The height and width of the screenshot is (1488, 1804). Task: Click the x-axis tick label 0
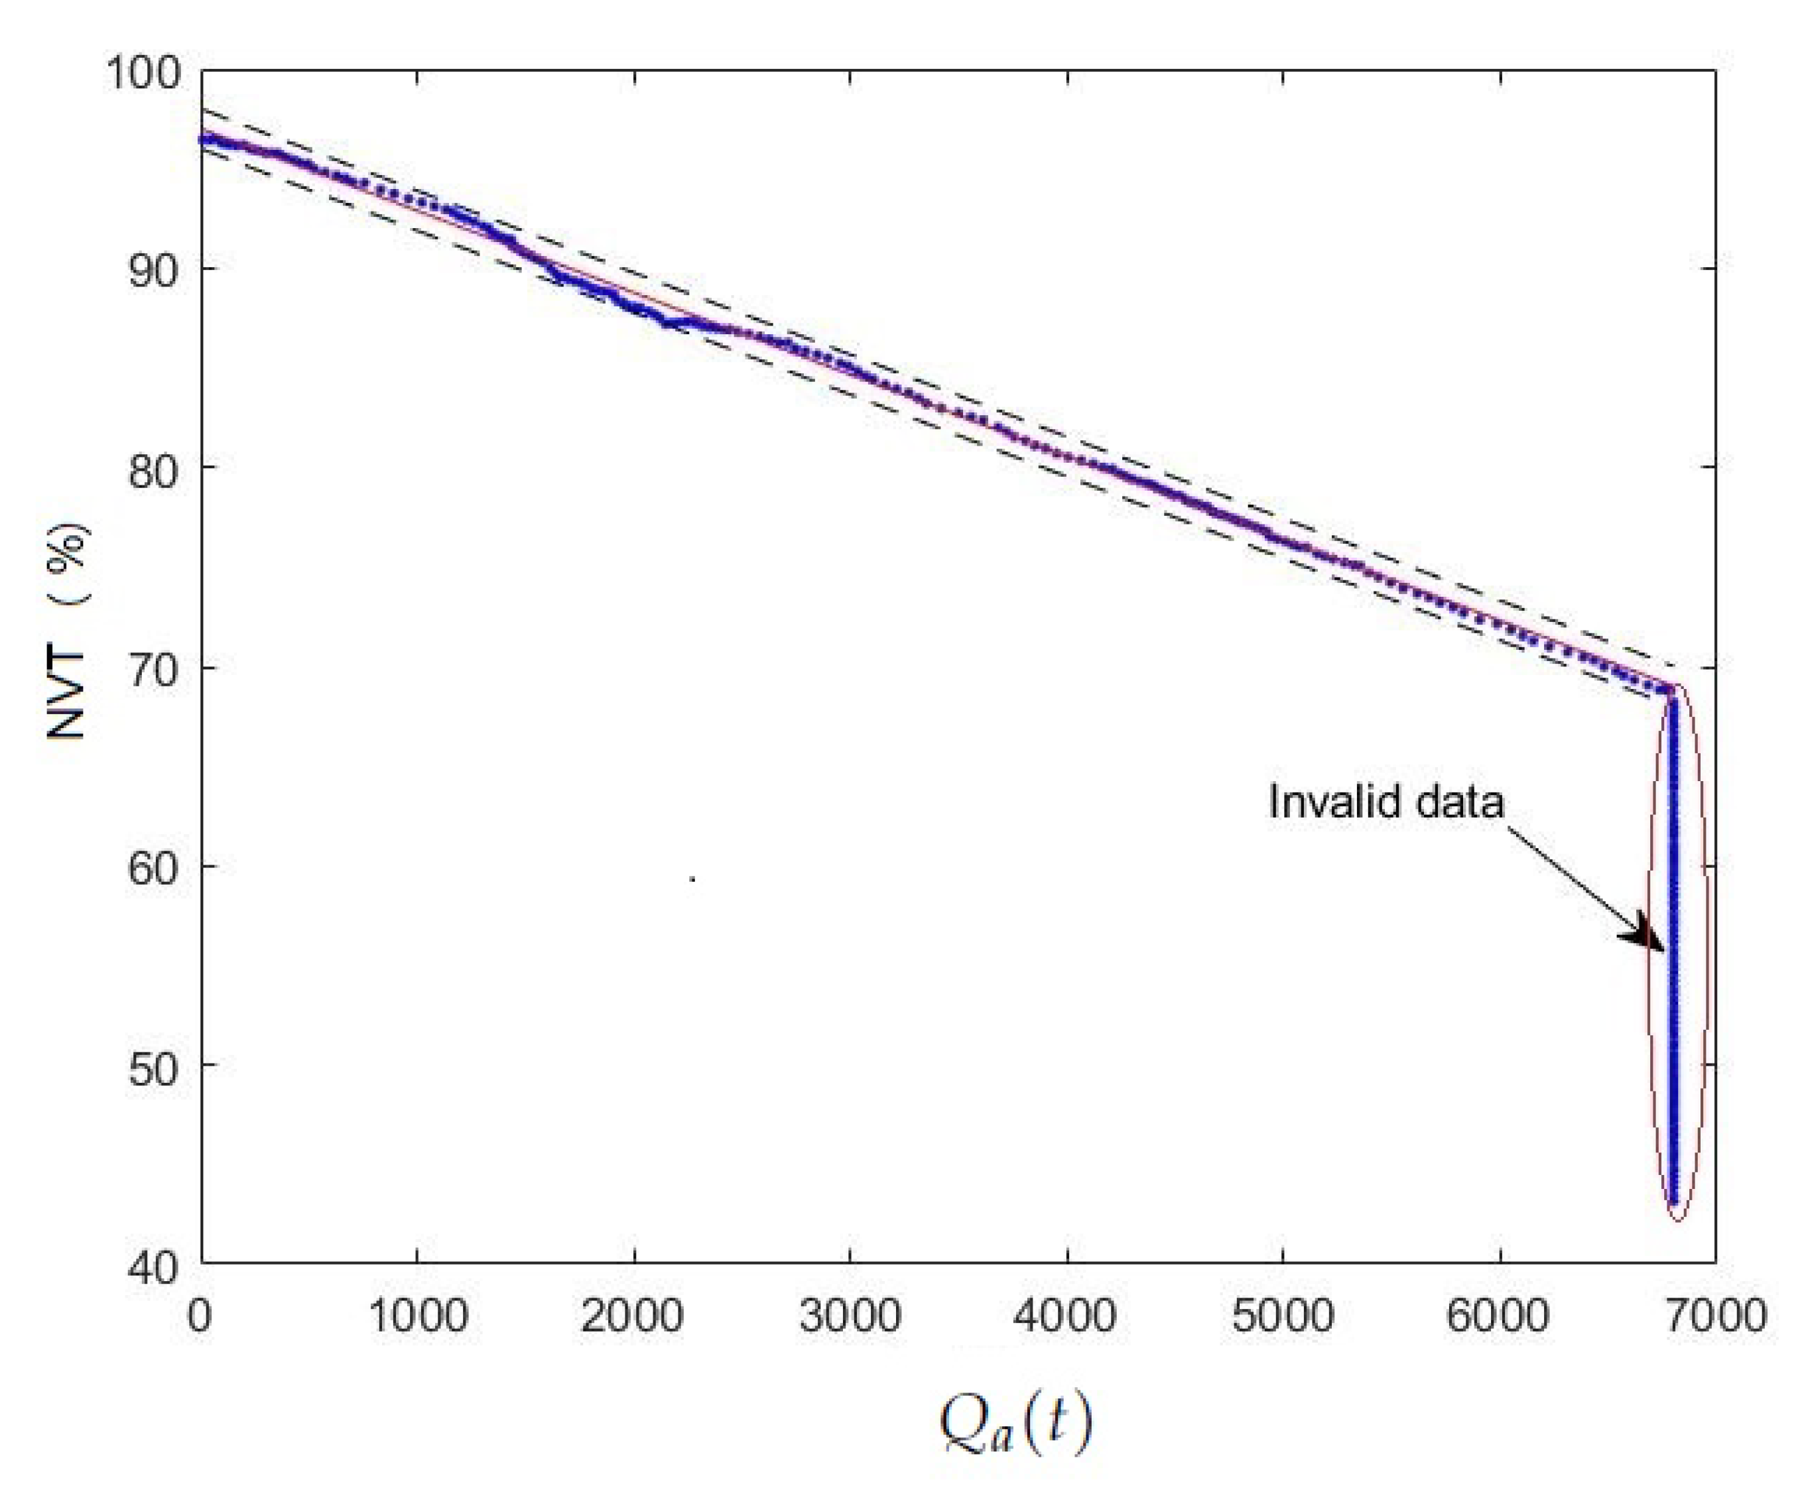200,1315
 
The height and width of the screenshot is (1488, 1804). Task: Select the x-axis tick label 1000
418,1315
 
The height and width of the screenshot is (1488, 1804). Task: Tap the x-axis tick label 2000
633,1315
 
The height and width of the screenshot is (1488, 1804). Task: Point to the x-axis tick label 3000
850,1315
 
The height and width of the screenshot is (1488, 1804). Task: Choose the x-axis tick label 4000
1066,1315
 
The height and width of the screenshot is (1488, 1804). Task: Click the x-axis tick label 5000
1283,1315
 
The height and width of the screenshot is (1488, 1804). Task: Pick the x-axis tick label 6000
1499,1315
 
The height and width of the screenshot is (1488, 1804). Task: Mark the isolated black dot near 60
692,879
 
